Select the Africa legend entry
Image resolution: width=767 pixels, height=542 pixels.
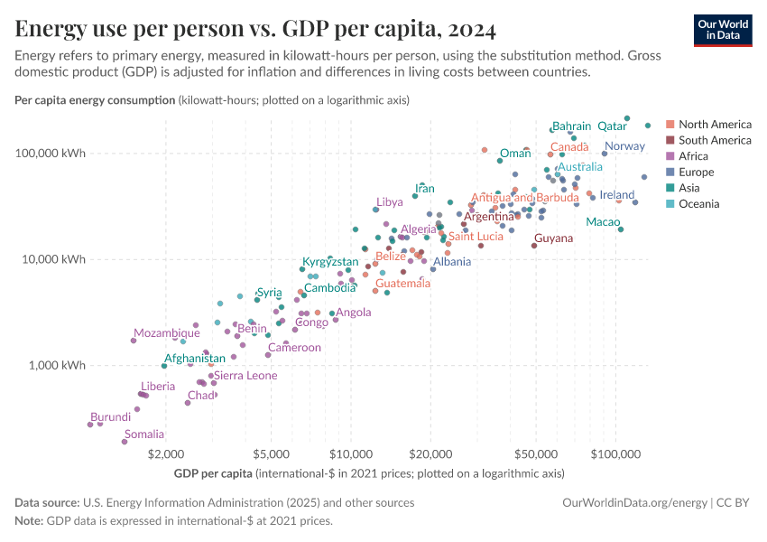click(693, 156)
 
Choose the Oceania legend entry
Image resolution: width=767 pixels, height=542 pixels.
click(698, 204)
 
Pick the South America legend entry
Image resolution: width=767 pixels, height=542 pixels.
click(714, 140)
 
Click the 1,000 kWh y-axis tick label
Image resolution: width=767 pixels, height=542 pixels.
click(61, 366)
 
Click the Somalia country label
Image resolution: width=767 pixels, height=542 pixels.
click(144, 435)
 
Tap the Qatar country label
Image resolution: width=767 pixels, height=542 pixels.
click(613, 126)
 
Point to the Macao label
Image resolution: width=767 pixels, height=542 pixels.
click(603, 222)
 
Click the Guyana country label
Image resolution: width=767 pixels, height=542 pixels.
click(553, 238)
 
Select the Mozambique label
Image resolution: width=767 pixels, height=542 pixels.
click(167, 333)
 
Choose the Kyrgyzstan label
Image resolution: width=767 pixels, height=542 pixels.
click(330, 262)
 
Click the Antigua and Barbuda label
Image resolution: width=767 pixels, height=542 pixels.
click(524, 198)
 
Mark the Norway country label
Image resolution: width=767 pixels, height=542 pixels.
click(624, 146)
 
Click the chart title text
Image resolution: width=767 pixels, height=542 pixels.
click(255, 29)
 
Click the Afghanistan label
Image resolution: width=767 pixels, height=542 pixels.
click(195, 359)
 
